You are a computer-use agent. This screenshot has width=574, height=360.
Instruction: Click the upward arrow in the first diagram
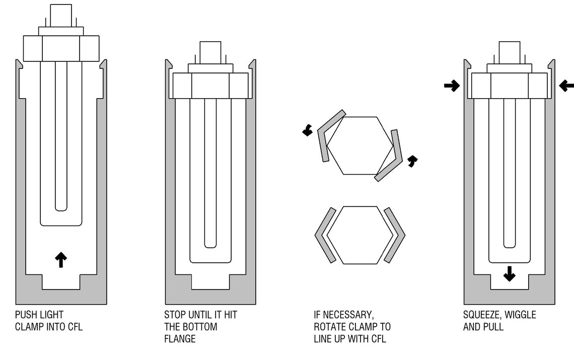[61, 260]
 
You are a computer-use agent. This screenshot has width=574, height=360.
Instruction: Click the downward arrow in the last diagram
[509, 274]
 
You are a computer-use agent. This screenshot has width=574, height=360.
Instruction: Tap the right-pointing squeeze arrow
[452, 86]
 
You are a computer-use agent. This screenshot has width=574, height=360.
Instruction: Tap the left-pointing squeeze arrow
[566, 86]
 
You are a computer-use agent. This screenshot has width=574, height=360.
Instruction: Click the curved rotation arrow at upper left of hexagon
[308, 130]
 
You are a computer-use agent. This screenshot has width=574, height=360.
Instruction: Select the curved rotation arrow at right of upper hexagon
[412, 161]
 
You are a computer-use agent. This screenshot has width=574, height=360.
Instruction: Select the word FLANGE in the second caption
[180, 339]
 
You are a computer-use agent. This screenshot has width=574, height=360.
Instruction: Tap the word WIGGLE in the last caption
[520, 315]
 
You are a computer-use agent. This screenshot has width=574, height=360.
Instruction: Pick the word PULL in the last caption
[494, 327]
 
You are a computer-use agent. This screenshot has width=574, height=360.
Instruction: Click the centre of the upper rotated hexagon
[360, 146]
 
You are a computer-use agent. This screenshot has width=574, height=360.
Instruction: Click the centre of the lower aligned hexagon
[360, 235]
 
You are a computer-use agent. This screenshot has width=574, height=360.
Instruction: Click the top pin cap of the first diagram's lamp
[61, 16]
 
